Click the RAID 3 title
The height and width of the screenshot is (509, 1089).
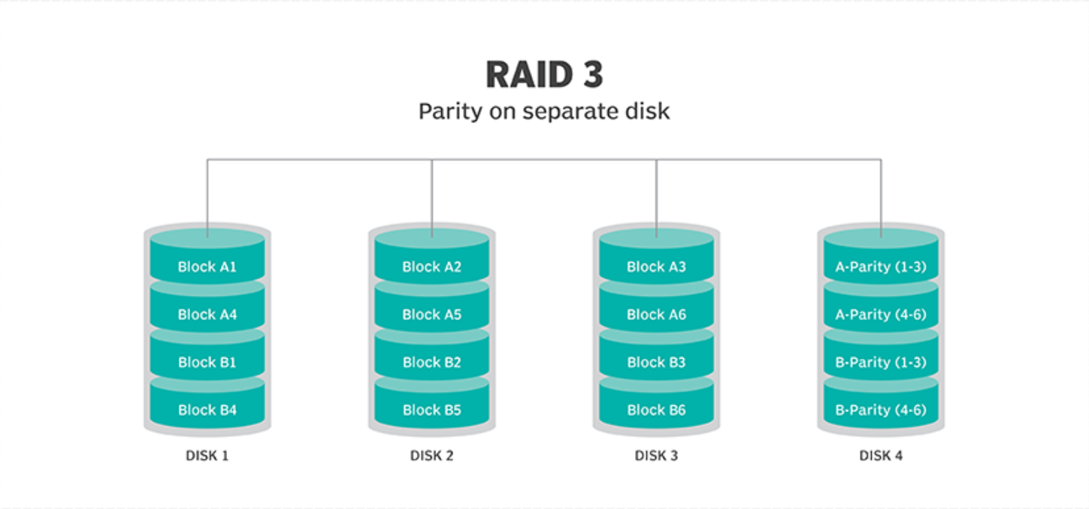(x=544, y=74)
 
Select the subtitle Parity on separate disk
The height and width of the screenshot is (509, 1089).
(x=544, y=112)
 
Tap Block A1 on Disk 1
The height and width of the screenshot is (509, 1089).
(x=207, y=267)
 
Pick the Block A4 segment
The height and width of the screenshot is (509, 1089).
(x=207, y=315)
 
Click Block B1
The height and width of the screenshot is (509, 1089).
(x=207, y=362)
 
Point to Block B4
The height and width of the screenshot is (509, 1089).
(x=207, y=410)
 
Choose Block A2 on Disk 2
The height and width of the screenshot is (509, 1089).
(x=431, y=267)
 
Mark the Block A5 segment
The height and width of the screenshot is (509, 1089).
(x=431, y=315)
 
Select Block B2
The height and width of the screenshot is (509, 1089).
(x=431, y=362)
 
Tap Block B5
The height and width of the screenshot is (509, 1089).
(x=431, y=410)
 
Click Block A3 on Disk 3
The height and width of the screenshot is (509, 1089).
(x=656, y=267)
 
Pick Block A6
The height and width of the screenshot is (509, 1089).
(x=656, y=315)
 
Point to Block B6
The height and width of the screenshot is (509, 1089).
(x=656, y=410)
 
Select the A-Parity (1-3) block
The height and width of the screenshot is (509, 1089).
(x=881, y=267)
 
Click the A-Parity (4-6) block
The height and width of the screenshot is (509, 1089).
(x=881, y=315)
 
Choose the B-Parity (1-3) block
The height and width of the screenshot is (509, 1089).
(x=881, y=362)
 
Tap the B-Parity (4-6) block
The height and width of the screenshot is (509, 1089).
(x=881, y=410)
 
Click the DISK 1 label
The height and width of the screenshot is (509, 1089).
(x=207, y=456)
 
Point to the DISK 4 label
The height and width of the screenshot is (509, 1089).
(x=881, y=456)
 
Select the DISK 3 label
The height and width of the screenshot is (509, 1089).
(x=656, y=456)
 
